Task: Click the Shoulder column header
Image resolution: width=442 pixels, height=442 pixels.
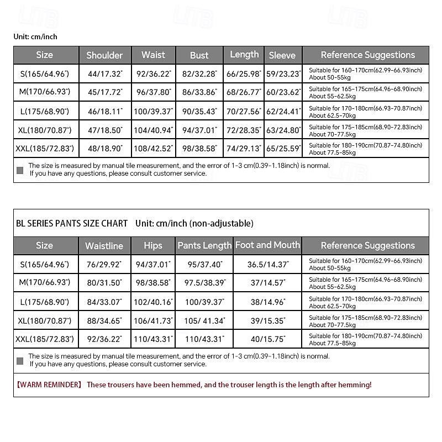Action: [104, 55]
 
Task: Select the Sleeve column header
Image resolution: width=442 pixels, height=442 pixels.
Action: [282, 55]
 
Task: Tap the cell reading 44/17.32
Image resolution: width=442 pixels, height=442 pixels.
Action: [104, 73]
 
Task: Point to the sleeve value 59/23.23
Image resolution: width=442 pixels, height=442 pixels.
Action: [283, 73]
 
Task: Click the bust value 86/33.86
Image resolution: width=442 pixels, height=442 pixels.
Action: [199, 92]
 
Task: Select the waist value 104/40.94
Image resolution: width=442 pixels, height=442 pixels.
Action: [153, 130]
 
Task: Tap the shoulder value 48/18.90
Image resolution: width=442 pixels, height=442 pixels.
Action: [104, 149]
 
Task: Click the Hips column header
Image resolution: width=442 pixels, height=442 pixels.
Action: [153, 246]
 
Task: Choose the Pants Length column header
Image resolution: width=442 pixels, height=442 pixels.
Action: [204, 246]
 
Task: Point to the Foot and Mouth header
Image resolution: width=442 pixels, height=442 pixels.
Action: [267, 245]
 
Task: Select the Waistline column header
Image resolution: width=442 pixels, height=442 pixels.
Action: [104, 246]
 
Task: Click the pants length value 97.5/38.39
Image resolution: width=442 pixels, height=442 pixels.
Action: [205, 283]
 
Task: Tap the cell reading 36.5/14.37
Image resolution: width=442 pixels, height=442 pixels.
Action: [267, 264]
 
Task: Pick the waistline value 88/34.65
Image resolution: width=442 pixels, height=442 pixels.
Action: [104, 320]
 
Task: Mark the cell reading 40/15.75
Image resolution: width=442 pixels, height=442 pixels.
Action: [267, 339]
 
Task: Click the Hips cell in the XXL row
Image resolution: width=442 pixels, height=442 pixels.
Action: [153, 339]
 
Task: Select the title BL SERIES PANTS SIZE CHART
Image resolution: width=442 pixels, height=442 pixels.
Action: [72, 223]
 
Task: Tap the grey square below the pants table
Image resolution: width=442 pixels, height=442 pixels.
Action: [20, 361]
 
